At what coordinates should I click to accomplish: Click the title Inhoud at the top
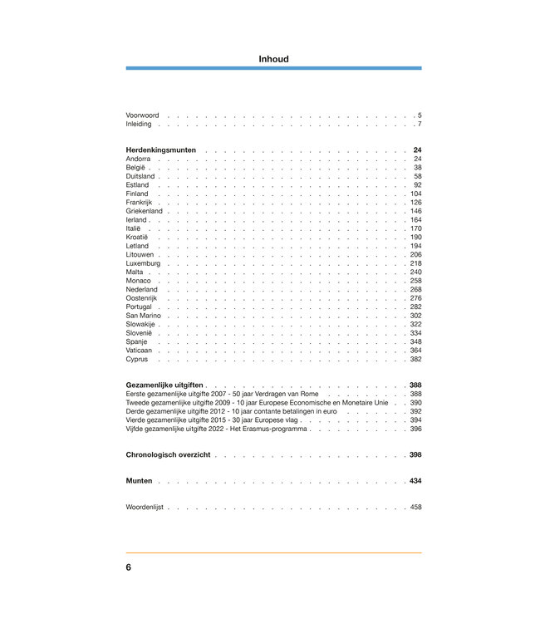(273, 58)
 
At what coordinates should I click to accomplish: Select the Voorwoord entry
(142, 115)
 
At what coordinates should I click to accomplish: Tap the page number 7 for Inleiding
(420, 124)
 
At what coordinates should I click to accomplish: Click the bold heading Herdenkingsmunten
(161, 150)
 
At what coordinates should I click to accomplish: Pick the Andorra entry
(139, 159)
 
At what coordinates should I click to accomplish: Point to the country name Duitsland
(140, 176)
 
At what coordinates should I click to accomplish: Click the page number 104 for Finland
(415, 194)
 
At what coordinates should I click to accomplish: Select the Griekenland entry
(145, 211)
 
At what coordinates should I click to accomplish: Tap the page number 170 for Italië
(415, 228)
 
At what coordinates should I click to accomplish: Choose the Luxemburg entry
(143, 263)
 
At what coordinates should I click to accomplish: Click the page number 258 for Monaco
(415, 281)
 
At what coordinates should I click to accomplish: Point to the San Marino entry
(144, 316)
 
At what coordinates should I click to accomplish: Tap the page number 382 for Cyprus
(415, 360)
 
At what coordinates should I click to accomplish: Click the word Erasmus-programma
(276, 429)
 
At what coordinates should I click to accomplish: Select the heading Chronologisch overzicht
(168, 455)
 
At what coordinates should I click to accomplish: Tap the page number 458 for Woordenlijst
(415, 507)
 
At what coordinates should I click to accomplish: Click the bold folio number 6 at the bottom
(129, 567)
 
